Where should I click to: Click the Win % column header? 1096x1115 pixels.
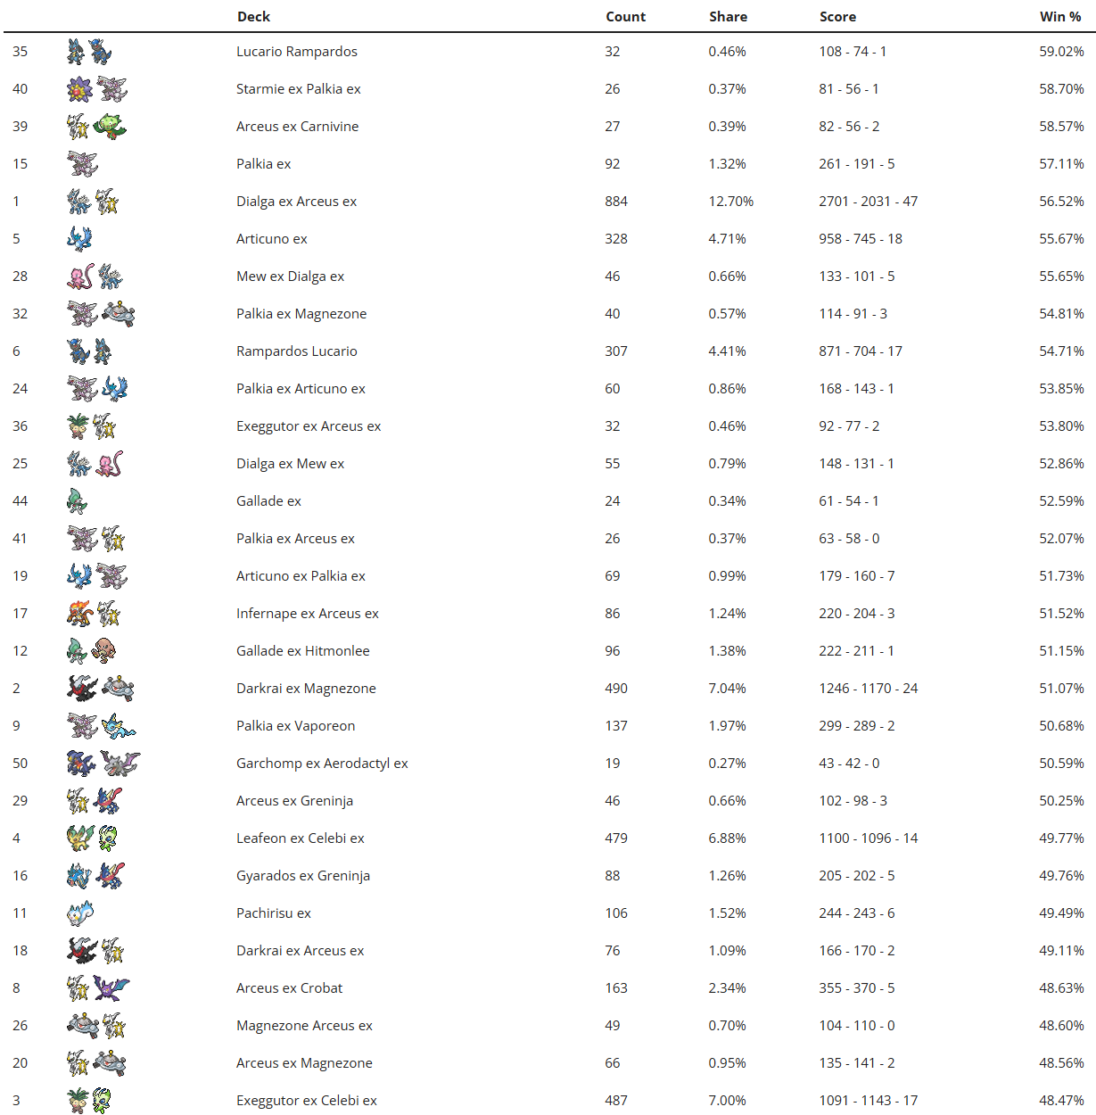(1060, 16)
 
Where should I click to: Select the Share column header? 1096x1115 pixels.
(728, 16)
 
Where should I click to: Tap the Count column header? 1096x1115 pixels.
(625, 16)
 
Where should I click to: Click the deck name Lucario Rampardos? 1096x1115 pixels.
(296, 52)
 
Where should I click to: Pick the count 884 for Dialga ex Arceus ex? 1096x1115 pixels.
(615, 202)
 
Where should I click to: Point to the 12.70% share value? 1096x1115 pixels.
(730, 202)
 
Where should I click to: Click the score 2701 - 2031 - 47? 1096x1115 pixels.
(868, 202)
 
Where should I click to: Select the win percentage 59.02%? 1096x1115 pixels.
(1061, 52)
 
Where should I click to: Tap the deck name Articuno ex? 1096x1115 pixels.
(271, 239)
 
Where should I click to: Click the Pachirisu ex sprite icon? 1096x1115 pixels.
(79, 913)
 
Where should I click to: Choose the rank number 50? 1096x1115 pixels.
(20, 764)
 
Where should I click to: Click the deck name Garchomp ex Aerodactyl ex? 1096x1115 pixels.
(322, 764)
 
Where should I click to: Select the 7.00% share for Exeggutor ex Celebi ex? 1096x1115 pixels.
(727, 1101)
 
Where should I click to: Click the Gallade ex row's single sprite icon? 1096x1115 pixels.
(78, 501)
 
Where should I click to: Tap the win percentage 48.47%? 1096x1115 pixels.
(1061, 1101)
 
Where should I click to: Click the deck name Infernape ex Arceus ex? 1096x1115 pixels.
(307, 614)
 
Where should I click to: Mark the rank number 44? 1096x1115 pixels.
(20, 501)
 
